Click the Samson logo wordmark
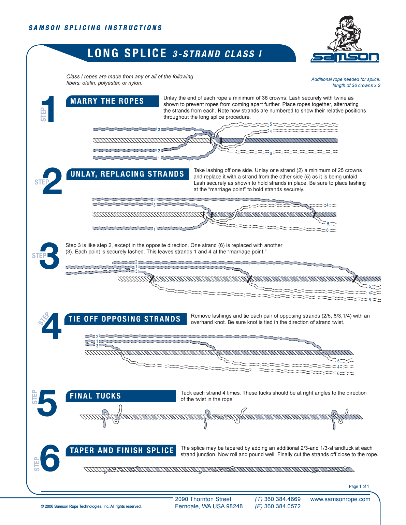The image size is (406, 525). (345, 57)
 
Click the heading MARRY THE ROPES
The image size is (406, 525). (107, 101)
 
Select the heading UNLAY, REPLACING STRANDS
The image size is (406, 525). (127, 174)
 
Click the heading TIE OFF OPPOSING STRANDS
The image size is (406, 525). (125, 319)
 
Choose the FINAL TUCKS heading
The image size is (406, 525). (96, 396)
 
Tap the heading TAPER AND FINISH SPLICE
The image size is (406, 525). (122, 450)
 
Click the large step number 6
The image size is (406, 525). (50, 458)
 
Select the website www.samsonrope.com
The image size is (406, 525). (340, 499)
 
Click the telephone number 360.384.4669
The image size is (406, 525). (282, 499)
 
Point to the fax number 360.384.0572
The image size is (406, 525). (282, 506)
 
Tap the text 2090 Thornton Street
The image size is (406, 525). (203, 499)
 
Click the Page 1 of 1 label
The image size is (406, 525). (359, 486)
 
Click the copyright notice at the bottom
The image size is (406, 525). (91, 506)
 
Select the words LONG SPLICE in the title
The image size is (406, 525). (127, 53)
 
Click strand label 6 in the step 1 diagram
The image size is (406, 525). (271, 153)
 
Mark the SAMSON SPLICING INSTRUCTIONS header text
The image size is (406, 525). (95, 28)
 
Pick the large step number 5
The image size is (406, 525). (47, 403)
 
